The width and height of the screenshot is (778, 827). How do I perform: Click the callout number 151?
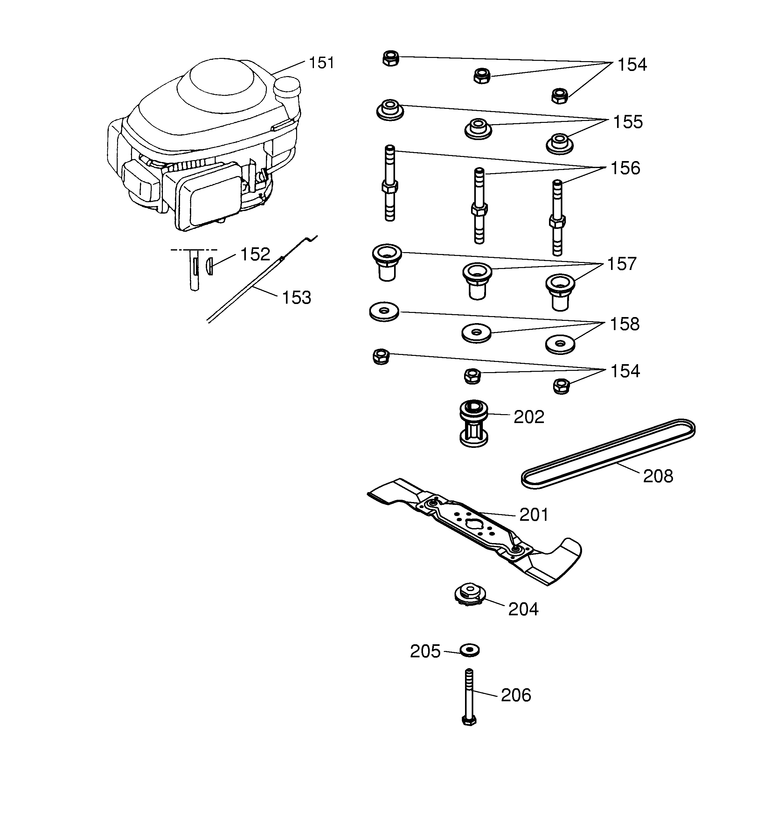[x=321, y=63]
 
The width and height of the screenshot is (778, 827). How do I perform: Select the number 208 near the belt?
[x=658, y=476]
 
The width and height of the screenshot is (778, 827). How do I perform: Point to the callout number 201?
[x=534, y=515]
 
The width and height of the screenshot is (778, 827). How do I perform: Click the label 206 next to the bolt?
[x=516, y=695]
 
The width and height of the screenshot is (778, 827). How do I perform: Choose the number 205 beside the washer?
[x=425, y=652]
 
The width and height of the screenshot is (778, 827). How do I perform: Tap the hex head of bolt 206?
[x=469, y=720]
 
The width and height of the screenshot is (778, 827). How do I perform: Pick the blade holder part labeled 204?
[x=469, y=595]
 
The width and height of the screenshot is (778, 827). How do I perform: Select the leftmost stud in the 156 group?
[x=390, y=183]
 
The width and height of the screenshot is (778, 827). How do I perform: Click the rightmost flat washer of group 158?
[x=560, y=344]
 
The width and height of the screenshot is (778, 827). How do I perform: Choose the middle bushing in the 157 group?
[x=477, y=281]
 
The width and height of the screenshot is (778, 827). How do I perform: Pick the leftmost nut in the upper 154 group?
[x=391, y=58]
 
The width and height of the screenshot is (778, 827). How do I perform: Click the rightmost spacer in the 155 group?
[x=559, y=144]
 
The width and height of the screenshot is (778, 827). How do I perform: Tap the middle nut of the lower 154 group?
[x=472, y=376]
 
